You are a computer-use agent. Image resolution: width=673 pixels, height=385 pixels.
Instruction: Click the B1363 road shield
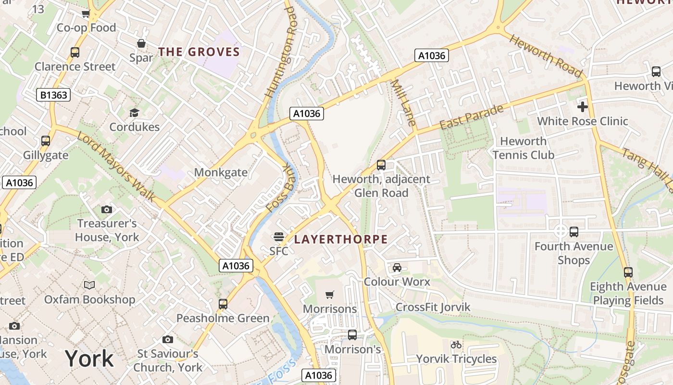(x=53, y=95)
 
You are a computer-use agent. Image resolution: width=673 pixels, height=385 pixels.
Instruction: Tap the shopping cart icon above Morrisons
(x=329, y=295)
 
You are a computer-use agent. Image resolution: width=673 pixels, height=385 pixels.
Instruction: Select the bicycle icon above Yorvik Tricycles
(x=456, y=345)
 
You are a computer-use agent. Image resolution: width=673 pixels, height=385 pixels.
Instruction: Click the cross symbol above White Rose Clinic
(x=582, y=106)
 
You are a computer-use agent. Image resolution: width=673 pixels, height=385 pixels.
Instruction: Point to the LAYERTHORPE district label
(x=341, y=239)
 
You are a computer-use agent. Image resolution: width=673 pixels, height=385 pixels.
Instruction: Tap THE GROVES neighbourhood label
(x=199, y=52)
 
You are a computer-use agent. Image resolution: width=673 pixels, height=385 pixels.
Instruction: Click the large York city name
(x=89, y=359)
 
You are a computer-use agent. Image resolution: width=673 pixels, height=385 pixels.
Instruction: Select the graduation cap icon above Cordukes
(x=134, y=113)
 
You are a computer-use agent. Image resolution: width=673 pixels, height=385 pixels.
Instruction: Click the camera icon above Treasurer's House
(x=107, y=209)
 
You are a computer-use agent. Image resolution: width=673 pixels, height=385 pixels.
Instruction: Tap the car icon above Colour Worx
(x=397, y=267)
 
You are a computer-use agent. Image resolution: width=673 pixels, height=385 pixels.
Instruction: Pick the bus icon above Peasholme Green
(x=223, y=304)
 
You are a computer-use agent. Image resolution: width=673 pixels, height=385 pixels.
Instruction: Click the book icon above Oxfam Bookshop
(x=89, y=285)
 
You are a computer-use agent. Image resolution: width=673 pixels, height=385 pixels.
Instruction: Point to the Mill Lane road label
(x=403, y=103)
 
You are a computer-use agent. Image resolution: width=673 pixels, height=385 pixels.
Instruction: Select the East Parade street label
(x=472, y=117)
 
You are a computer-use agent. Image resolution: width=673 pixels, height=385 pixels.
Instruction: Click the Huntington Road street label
(x=279, y=51)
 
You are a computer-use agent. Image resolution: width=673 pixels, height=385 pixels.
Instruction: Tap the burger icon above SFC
(x=278, y=236)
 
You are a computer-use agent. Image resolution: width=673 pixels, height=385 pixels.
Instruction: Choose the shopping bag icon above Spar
(x=141, y=43)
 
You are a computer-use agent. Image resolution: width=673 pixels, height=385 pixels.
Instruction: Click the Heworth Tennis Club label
(x=523, y=148)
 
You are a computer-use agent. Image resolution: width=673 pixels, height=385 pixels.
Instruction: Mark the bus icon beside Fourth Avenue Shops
(x=574, y=232)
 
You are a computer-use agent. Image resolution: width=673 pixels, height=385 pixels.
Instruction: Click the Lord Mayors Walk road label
(x=116, y=167)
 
